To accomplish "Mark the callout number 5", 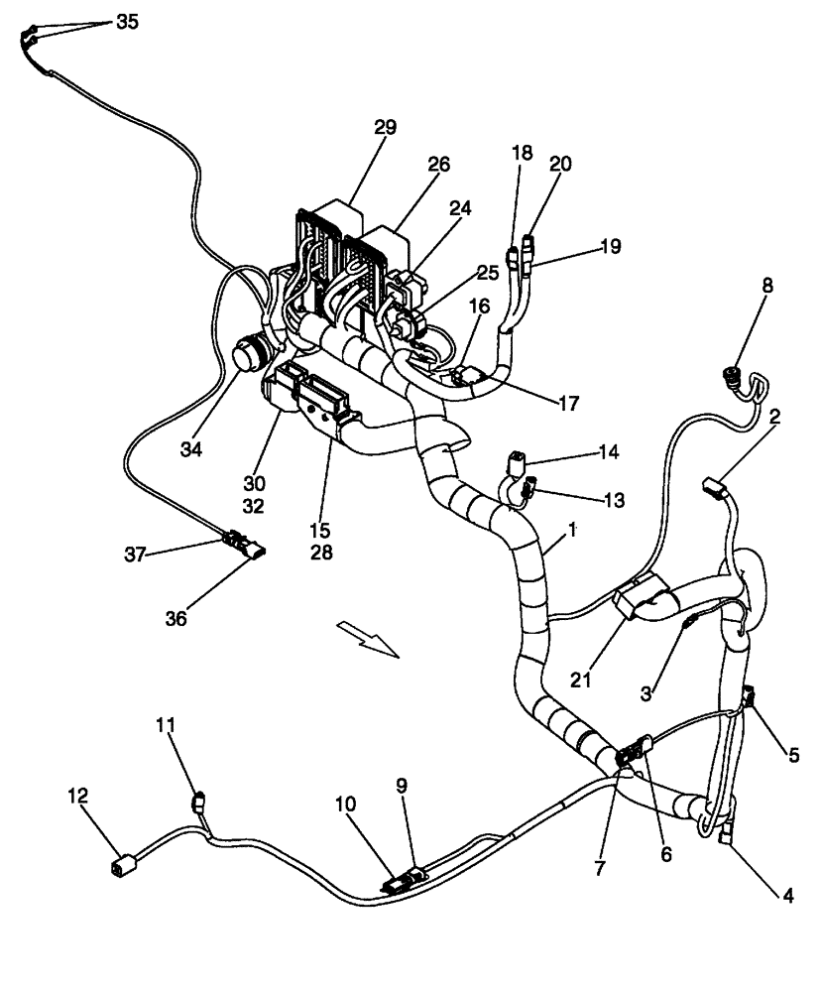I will click(792, 755).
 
